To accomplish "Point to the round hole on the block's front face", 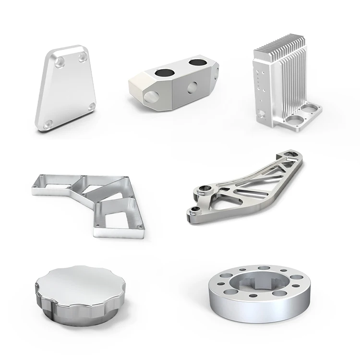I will coord(193,86).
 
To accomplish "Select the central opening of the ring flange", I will coord(258,285).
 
